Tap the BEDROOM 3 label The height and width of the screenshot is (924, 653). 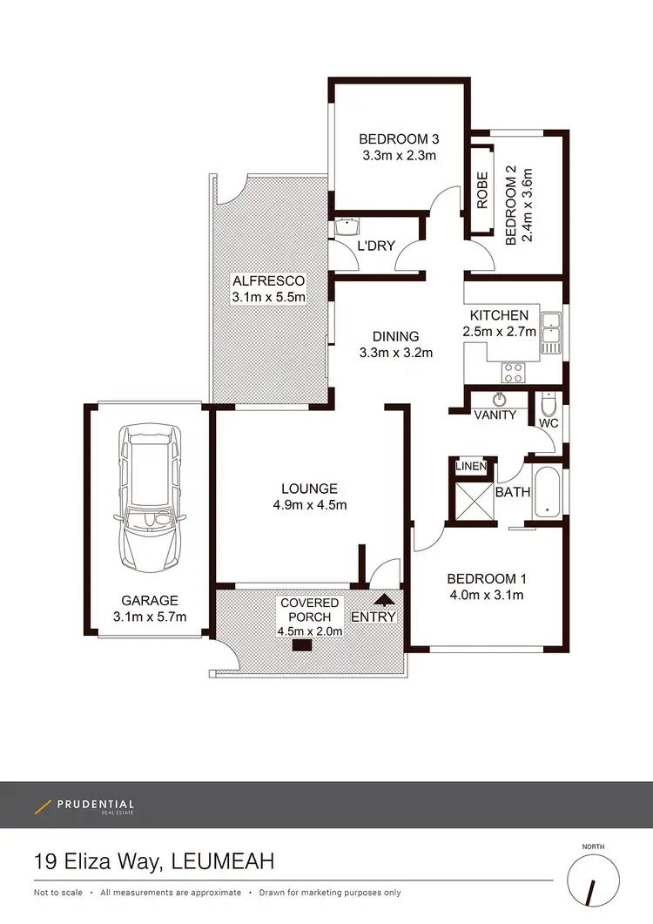click(x=398, y=139)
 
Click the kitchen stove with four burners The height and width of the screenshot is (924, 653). click(x=514, y=373)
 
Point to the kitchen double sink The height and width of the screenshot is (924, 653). click(x=550, y=332)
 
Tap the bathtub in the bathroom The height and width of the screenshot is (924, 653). click(x=549, y=494)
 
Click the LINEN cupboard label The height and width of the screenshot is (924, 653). click(x=471, y=468)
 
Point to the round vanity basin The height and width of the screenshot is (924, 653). click(x=499, y=400)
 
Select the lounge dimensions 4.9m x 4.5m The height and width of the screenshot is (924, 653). click(x=309, y=505)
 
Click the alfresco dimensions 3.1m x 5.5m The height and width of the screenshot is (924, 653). click(x=268, y=297)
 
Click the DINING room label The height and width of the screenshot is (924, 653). click(x=395, y=336)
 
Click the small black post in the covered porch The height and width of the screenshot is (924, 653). click(x=302, y=645)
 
